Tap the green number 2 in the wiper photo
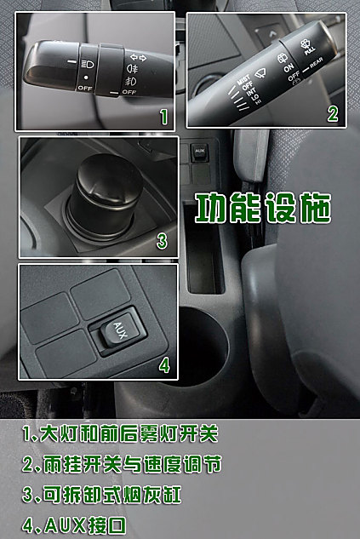click(332, 113)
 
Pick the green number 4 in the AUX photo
click(163, 366)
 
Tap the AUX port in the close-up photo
click(117, 335)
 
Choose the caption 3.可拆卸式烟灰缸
click(114, 495)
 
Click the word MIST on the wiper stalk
click(243, 79)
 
